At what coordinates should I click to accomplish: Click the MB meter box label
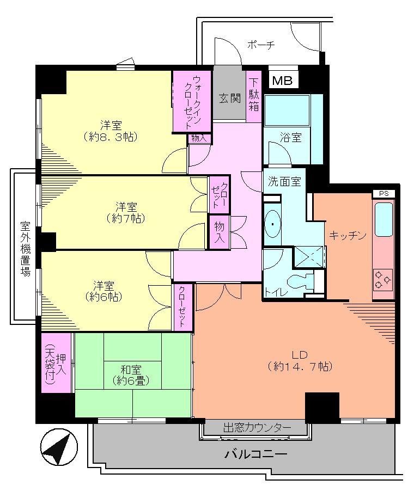pyautogui.click(x=282, y=81)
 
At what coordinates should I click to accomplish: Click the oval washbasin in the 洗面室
pyautogui.click(x=271, y=225)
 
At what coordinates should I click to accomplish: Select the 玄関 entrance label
pyautogui.click(x=229, y=99)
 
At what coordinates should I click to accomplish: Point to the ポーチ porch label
pyautogui.click(x=260, y=45)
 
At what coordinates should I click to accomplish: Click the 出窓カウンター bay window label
pyautogui.click(x=257, y=428)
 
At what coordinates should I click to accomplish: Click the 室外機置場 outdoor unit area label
pyautogui.click(x=25, y=248)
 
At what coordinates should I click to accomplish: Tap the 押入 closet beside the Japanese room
pyautogui.click(x=56, y=362)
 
